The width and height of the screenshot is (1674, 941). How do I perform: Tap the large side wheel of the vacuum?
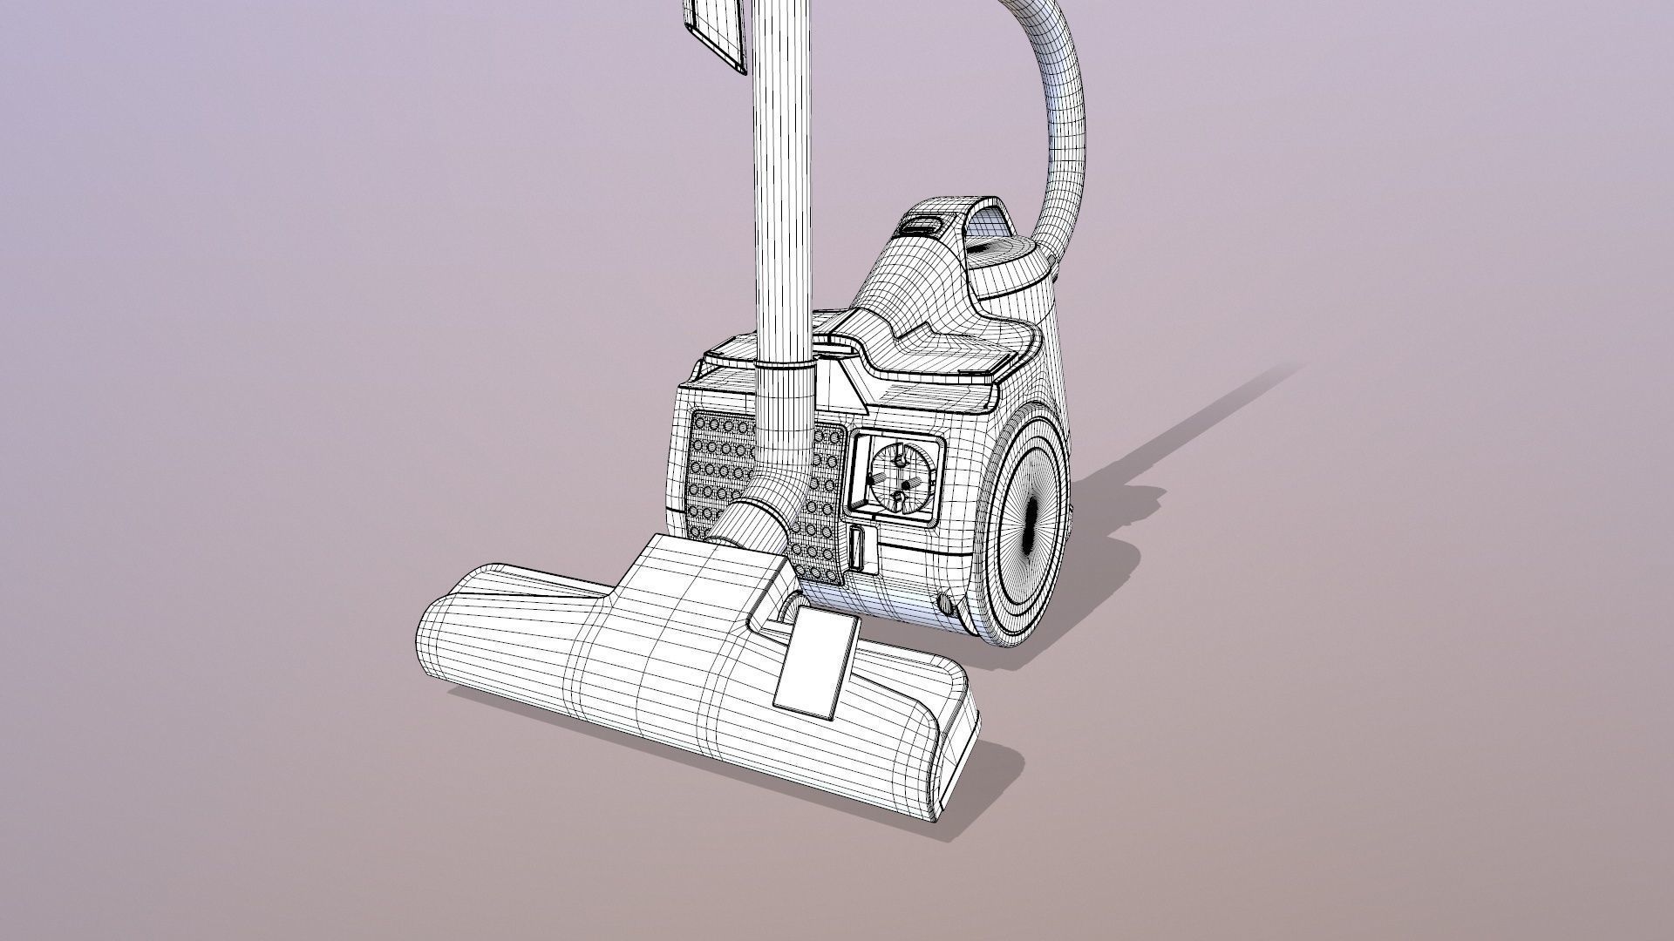coord(1025,531)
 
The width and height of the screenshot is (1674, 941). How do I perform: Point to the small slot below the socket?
coord(858,548)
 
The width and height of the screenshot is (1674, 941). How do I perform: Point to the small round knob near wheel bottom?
coord(945,604)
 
